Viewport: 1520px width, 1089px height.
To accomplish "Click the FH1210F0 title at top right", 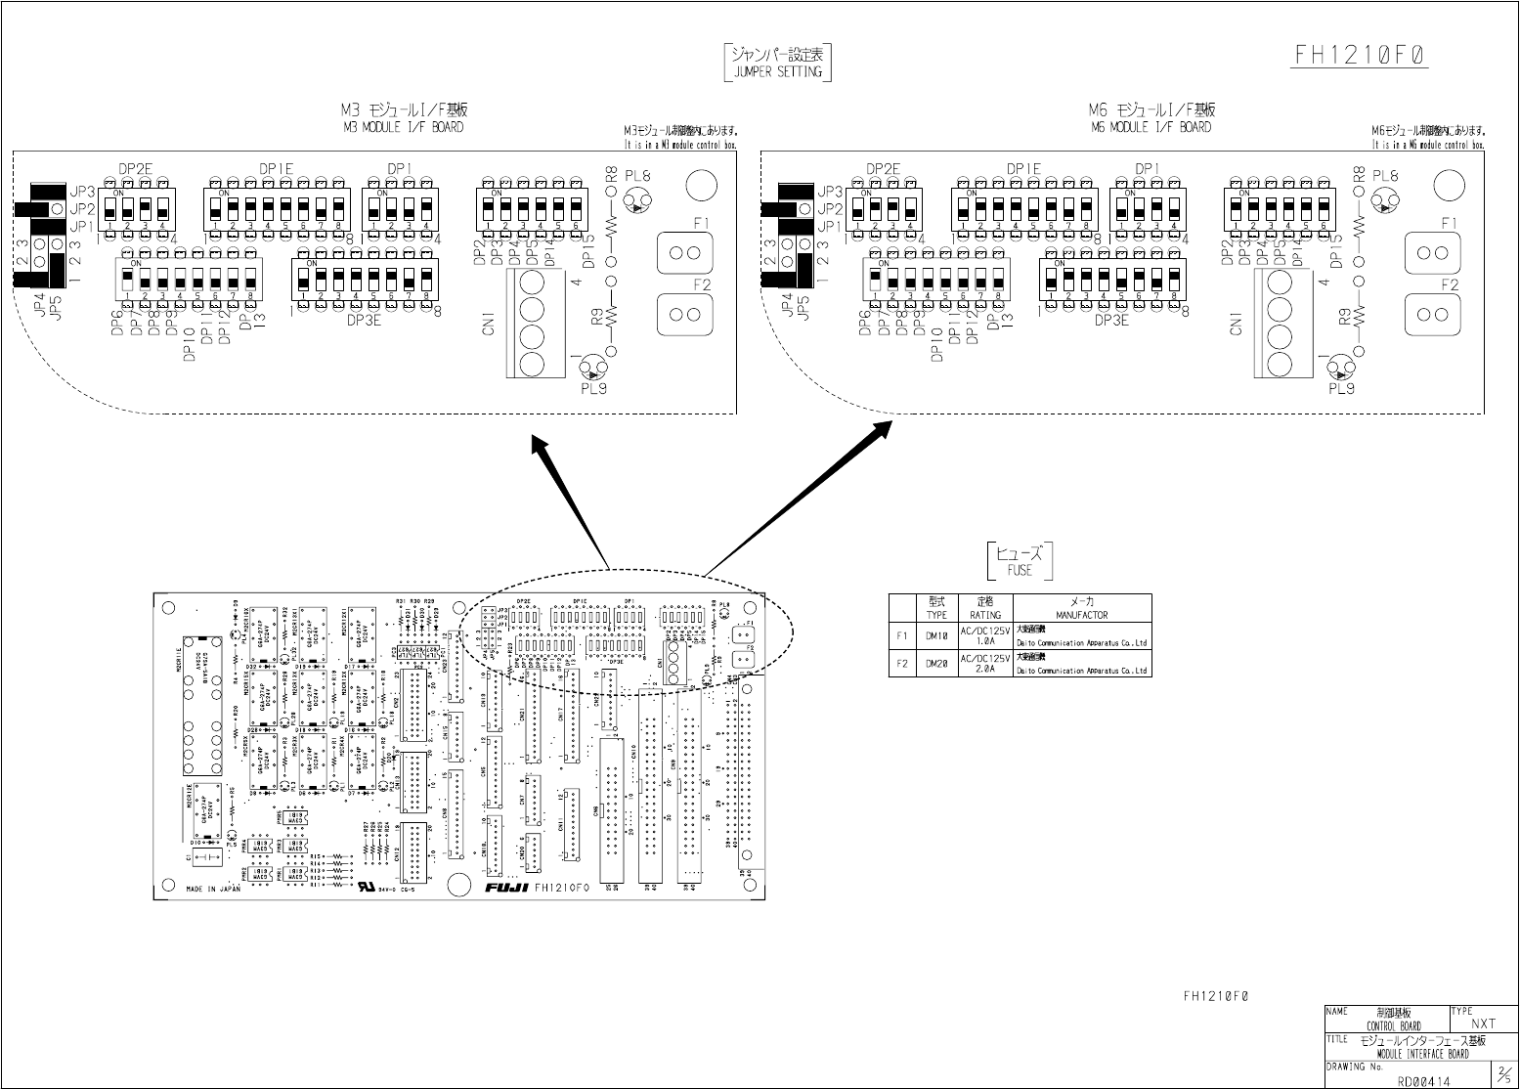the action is click(1362, 56).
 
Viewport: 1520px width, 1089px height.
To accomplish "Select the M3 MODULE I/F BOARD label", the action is click(403, 127).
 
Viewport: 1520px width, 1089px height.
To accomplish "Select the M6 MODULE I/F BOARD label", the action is click(1151, 127).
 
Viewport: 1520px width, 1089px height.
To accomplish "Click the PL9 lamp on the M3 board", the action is click(592, 368).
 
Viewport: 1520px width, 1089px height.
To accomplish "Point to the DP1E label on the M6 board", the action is click(1023, 169).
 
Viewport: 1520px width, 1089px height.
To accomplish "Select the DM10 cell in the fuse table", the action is click(936, 635).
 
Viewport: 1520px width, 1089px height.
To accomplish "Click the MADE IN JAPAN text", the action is click(213, 890).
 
